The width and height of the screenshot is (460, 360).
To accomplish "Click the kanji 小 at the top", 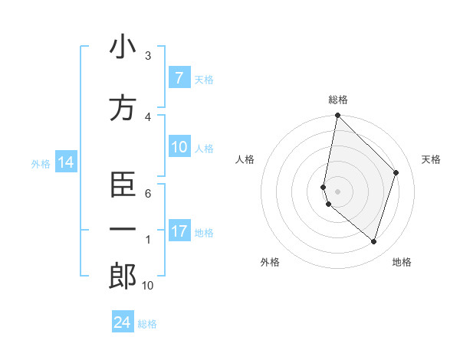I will click(x=123, y=47).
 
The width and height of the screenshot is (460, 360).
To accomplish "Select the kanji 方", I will click(x=123, y=108).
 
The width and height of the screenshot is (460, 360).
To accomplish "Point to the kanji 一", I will click(x=123, y=228).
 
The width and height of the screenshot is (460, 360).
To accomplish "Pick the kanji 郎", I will click(x=123, y=277).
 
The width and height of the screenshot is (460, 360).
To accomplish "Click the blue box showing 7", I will click(x=179, y=77).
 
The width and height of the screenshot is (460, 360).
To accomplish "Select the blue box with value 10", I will click(x=179, y=148).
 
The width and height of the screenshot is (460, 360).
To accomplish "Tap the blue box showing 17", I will click(x=179, y=231).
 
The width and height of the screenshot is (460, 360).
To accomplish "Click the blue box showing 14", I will click(x=65, y=162).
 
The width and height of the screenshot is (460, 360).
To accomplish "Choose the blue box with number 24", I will click(x=123, y=322).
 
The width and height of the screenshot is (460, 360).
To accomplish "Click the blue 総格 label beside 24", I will click(x=148, y=324).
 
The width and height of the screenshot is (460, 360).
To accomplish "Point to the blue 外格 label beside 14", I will click(x=41, y=163).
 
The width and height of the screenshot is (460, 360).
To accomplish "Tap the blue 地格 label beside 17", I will click(x=205, y=232).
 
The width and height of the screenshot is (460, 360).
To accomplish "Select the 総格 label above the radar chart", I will click(x=338, y=100).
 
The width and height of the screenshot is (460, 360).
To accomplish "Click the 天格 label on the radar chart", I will click(x=432, y=159).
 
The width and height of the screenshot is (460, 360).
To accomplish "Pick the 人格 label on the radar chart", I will click(x=245, y=159).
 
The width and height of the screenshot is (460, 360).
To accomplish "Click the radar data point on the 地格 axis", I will click(x=373, y=241).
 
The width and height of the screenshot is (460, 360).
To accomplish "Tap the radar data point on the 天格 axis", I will click(x=396, y=172).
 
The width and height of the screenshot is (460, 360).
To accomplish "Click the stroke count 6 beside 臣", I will click(x=148, y=193).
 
